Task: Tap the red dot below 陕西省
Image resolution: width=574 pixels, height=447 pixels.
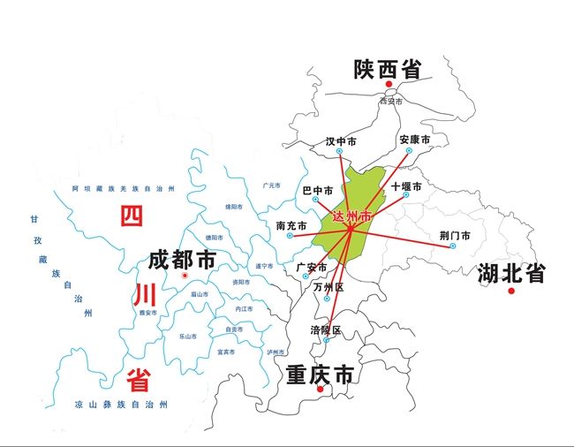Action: point(388,85)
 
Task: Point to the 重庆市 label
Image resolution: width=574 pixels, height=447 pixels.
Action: point(320,375)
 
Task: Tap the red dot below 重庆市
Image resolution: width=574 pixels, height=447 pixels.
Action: point(320,390)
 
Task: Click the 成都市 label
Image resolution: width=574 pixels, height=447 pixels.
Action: point(182,260)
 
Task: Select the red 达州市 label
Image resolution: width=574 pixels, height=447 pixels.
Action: point(352,216)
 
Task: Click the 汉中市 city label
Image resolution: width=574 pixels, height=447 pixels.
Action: point(341,141)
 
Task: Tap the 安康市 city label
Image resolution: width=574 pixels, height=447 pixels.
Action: point(413,140)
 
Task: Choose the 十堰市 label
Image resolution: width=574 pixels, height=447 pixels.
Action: point(406,186)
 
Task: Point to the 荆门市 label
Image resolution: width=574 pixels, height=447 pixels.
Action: point(454,235)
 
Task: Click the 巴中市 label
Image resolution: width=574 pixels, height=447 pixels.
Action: point(317,190)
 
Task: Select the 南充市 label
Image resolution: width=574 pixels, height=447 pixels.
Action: point(291,225)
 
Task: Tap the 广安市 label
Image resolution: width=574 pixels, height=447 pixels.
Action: point(312,267)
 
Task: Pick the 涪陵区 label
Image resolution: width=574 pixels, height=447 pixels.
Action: point(325,330)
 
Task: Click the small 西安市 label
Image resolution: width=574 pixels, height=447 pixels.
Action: point(390,102)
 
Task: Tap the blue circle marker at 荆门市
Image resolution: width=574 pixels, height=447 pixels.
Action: point(452,246)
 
